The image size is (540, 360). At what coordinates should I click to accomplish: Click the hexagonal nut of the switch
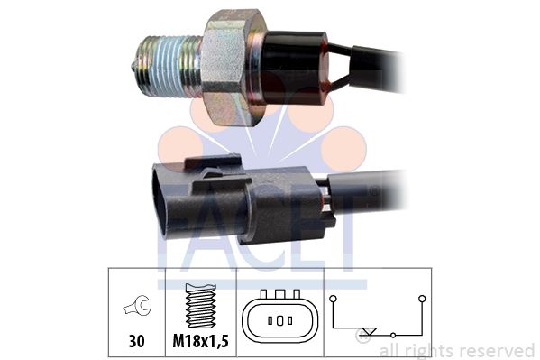[234, 68]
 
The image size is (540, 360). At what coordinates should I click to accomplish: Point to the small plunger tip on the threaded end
[133, 64]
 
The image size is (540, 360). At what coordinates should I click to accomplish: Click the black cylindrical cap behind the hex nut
[292, 68]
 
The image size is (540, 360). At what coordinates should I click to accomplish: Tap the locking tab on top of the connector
[213, 162]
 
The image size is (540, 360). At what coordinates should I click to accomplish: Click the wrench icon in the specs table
[137, 306]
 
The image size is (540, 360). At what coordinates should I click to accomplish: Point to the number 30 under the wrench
[137, 341]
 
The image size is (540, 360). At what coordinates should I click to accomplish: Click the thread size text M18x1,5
[200, 341]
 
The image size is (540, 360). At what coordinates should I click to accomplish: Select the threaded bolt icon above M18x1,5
[201, 306]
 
